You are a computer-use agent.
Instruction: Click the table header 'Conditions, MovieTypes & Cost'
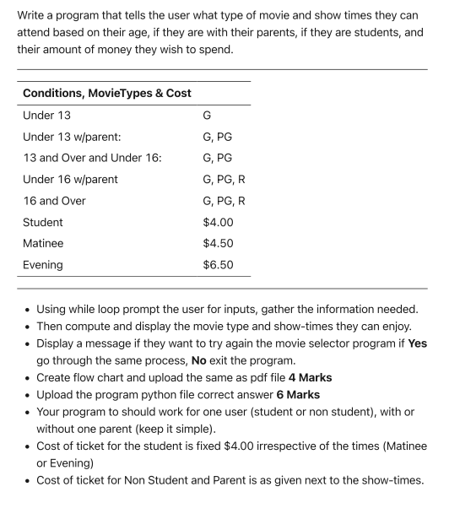(106, 93)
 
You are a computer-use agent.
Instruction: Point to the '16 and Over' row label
(54, 201)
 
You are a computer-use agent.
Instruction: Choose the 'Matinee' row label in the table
(43, 244)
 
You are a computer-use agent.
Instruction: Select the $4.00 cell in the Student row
(218, 222)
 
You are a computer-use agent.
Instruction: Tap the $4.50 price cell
(218, 244)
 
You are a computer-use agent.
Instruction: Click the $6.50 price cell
(218, 265)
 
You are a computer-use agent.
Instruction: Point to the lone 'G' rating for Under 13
(208, 115)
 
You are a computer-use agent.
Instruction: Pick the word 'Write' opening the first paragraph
(34, 15)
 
